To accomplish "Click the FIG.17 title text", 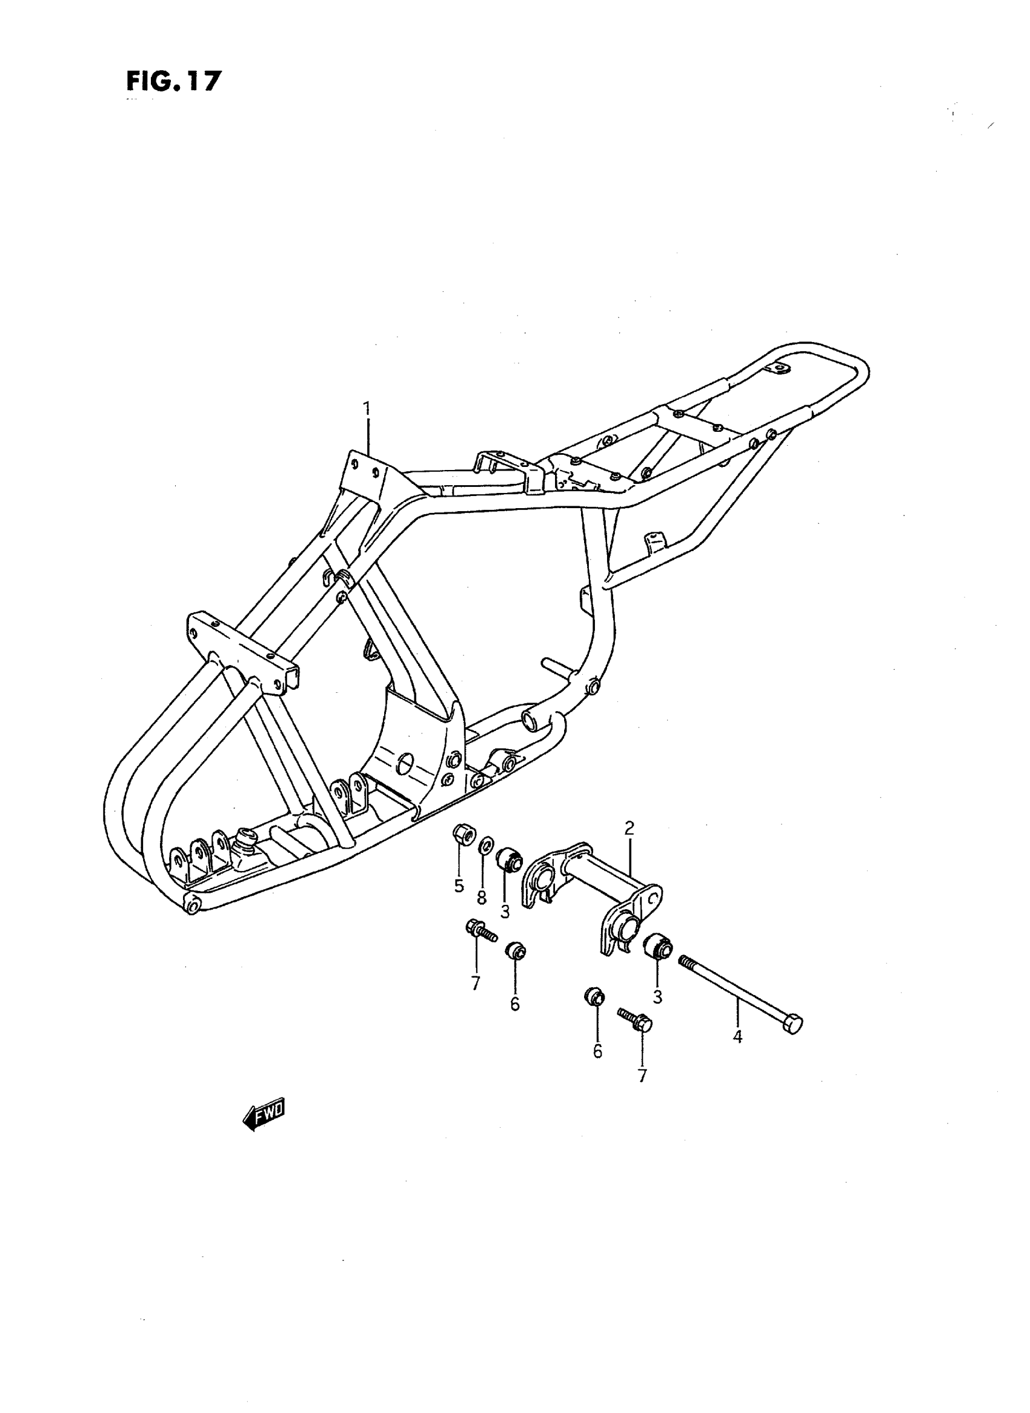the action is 173,82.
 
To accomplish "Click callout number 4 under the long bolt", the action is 737,1037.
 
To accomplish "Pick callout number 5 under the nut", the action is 459,885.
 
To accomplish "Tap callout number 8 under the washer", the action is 481,897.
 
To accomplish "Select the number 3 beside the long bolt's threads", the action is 657,997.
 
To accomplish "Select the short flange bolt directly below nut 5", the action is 480,947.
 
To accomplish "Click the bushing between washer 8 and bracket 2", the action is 509,861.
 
